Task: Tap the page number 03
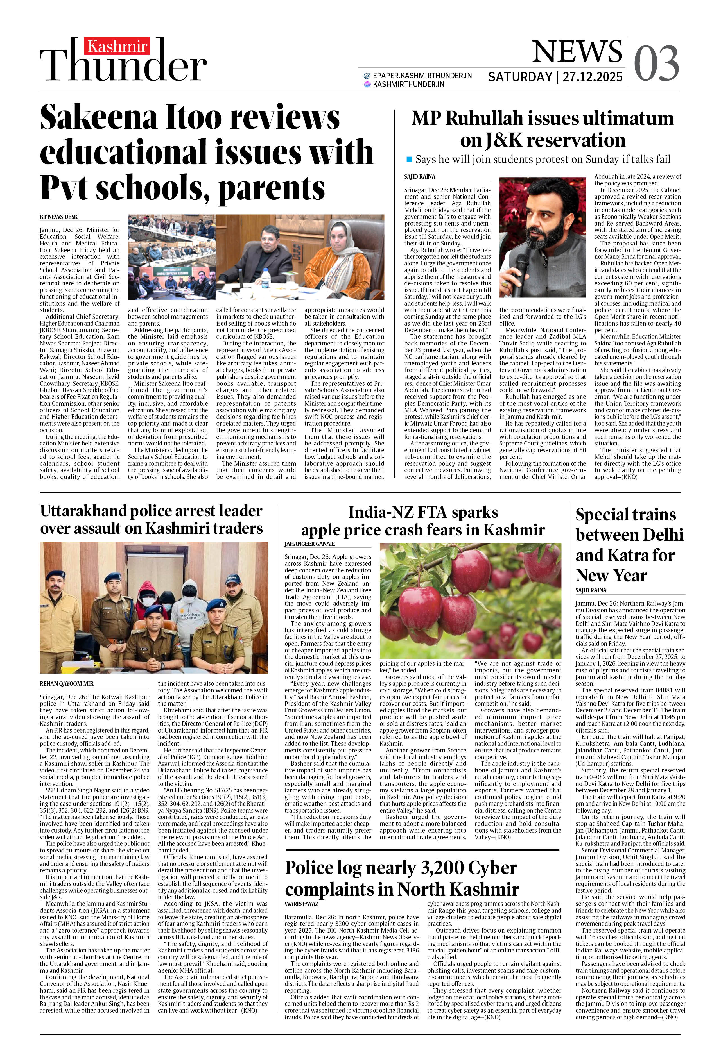[656, 63]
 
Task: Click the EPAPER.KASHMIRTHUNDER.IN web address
[422, 75]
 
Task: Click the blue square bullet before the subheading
[409, 159]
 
